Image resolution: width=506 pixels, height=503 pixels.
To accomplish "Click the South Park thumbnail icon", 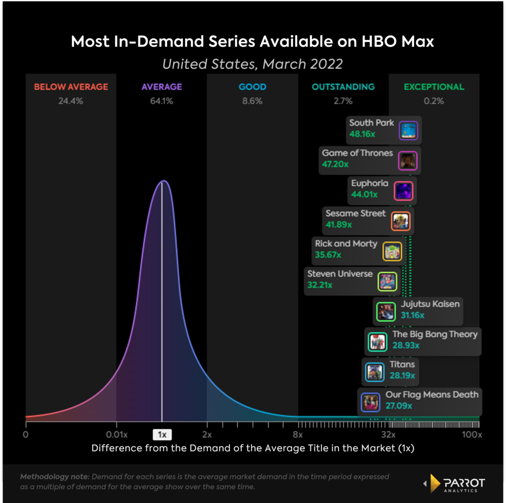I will [x=409, y=131].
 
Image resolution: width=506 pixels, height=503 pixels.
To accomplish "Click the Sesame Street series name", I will [x=355, y=213].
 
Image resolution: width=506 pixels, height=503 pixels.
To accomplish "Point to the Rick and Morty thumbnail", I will [x=392, y=251].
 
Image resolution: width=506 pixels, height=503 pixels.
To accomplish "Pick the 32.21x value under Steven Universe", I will [x=320, y=285].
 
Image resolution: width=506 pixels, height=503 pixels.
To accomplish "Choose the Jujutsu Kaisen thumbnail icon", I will [x=385, y=312].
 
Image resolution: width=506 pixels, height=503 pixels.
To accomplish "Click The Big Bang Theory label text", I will [x=435, y=334].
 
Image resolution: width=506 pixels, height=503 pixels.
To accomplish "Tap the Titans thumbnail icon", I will [x=374, y=372].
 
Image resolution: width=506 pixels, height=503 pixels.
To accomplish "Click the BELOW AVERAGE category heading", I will [x=71, y=87].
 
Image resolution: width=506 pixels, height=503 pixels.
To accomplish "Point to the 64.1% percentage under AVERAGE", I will [x=162, y=101].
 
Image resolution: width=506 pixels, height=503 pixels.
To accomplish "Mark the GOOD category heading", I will [x=253, y=87].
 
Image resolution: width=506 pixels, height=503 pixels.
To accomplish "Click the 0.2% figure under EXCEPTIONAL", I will [x=434, y=101].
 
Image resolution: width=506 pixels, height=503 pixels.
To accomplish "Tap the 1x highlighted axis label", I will [x=162, y=435].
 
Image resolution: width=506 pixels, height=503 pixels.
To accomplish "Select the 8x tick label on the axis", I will [x=297, y=435].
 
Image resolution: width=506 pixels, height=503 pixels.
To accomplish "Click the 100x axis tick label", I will [x=472, y=435].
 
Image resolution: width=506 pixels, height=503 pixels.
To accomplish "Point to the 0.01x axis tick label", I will [x=116, y=435].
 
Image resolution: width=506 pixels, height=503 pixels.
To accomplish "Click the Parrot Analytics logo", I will [x=455, y=485].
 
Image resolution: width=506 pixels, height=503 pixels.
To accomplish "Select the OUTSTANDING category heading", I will [x=343, y=87].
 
